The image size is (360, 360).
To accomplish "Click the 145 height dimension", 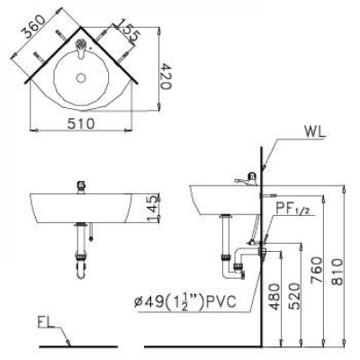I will [x=153, y=208].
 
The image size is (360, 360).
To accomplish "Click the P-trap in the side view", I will [x=236, y=261].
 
